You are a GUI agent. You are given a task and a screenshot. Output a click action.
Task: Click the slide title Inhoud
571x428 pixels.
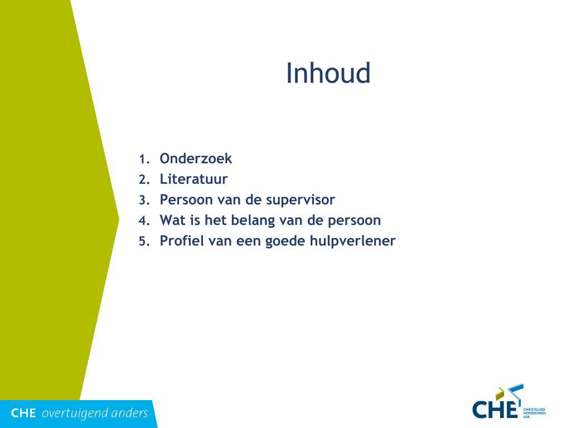[328, 73]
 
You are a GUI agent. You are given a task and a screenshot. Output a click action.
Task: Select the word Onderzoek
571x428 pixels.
[196, 158]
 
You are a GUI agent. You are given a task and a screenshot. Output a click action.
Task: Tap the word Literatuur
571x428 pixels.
[193, 179]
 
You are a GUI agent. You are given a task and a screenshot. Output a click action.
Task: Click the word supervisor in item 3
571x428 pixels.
[301, 200]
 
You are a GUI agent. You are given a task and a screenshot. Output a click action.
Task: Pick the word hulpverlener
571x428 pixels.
[352, 241]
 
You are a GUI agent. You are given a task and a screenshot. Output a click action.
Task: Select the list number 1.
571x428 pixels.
[144, 159]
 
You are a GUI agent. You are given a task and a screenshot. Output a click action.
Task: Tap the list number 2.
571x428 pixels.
[144, 180]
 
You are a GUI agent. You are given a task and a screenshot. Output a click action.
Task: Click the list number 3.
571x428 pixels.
[144, 201]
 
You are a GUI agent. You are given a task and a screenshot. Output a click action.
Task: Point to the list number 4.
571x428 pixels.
[144, 221]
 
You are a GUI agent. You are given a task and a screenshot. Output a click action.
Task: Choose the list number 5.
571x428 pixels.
[144, 242]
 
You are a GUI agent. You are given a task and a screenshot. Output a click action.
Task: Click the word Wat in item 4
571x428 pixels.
[173, 220]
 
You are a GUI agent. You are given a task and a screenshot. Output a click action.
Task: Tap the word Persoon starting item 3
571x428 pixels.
[186, 200]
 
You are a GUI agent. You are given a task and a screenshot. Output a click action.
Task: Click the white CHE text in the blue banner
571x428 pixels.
[23, 413]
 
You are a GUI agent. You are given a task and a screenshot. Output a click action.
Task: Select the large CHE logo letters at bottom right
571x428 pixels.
[495, 410]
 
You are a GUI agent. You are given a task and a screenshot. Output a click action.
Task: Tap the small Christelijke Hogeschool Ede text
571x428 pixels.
[535, 413]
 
